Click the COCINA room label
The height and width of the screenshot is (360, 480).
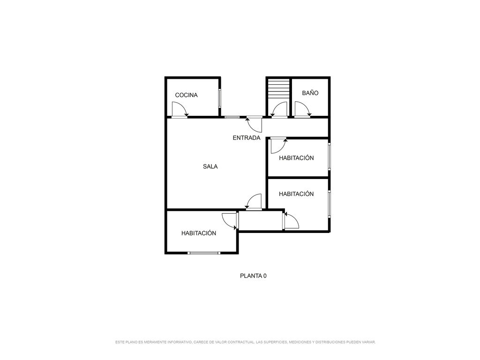(186, 95)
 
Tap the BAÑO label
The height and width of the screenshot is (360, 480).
(310, 93)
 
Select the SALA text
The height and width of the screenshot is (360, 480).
(210, 166)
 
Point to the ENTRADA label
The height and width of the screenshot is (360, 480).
(247, 138)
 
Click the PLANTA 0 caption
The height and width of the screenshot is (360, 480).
(253, 276)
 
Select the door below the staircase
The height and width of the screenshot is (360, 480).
(279, 109)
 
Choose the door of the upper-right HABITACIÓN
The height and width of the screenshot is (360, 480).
(278, 145)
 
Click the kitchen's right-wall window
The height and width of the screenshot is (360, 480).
(219, 98)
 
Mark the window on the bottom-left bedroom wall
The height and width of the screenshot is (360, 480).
(204, 253)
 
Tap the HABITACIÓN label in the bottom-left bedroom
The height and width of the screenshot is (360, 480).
(199, 233)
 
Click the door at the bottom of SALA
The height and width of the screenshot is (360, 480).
(254, 202)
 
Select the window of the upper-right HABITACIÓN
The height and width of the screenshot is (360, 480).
(329, 156)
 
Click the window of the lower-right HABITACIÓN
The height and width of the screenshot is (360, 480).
(329, 204)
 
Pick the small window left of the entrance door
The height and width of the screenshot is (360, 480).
(232, 117)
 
